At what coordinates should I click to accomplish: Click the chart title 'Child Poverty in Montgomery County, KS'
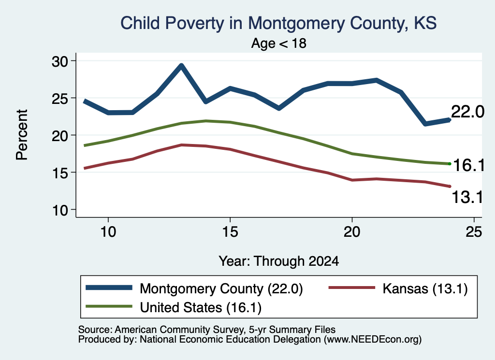click(x=278, y=23)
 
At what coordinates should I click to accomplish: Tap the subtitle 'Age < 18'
click(x=279, y=43)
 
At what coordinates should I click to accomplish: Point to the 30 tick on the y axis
click(x=60, y=61)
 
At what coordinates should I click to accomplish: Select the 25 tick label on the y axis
click(x=60, y=99)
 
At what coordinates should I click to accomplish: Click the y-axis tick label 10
click(x=60, y=210)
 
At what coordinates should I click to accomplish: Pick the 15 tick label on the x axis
click(x=230, y=232)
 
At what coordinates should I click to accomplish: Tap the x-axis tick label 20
click(x=352, y=232)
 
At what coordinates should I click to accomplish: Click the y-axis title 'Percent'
click(x=22, y=135)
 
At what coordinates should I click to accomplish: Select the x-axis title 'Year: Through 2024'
click(x=279, y=261)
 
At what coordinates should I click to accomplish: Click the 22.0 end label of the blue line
click(x=467, y=112)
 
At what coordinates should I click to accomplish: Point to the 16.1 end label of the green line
click(x=468, y=165)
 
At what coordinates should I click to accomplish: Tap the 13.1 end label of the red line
click(x=467, y=198)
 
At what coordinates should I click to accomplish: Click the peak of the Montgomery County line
click(x=181, y=66)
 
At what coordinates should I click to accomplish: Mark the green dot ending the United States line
click(x=450, y=164)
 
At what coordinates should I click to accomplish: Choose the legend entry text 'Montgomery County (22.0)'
click(x=221, y=288)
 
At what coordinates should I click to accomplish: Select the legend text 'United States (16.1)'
click(x=201, y=308)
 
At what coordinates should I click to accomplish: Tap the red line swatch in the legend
click(x=352, y=288)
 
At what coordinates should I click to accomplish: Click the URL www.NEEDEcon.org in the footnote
click(x=372, y=340)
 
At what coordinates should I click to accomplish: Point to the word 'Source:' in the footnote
click(x=95, y=330)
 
